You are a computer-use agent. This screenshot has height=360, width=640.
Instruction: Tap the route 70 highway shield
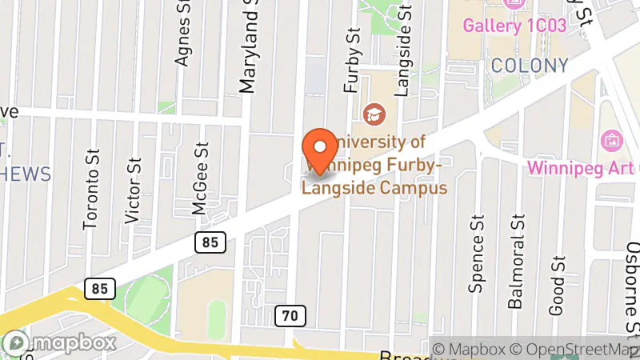coord(291,316)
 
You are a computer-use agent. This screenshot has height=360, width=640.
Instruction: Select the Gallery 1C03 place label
coord(515,26)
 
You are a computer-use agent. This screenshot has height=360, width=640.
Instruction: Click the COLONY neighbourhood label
coord(530,66)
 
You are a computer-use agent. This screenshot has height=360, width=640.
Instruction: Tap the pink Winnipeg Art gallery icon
coord(612,140)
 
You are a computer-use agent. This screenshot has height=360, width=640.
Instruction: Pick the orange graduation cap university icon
coord(372,114)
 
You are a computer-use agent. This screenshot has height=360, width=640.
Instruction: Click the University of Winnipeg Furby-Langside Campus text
coord(374,165)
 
